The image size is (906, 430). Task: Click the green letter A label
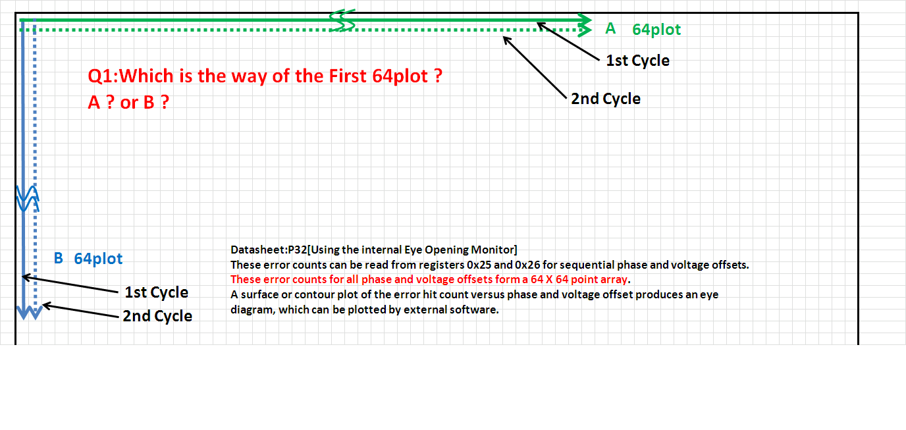point(610,28)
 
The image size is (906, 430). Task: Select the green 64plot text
point(656,30)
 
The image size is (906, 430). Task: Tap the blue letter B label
point(58,258)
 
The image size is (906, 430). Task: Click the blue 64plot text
point(98,259)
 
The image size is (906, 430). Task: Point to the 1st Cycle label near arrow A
point(637,61)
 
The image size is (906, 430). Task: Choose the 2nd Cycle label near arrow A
point(606,99)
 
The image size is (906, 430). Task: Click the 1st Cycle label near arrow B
point(156,292)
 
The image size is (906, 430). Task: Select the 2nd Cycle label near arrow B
point(157,316)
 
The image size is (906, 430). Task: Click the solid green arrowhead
point(585,19)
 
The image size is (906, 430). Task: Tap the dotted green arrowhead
point(585,30)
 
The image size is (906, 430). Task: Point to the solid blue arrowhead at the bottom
point(23,313)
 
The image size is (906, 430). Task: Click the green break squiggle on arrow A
point(342,20)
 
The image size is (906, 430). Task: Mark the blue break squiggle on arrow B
point(28,198)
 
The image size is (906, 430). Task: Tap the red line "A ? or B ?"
point(128,102)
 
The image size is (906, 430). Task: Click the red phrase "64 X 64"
point(549,279)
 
